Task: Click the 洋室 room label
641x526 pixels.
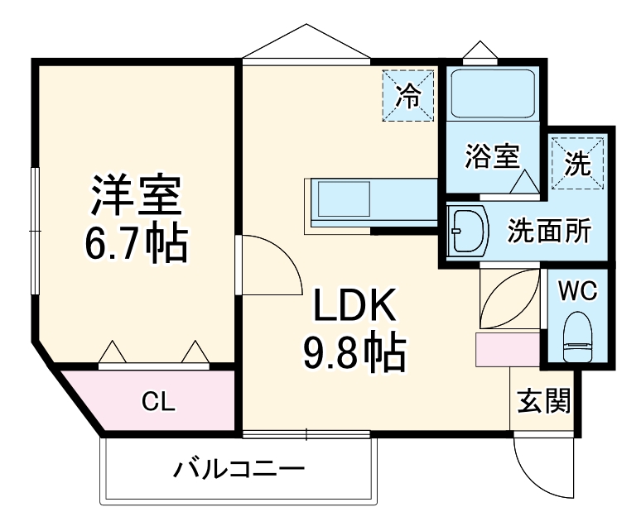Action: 136,195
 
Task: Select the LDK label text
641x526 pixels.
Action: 355,309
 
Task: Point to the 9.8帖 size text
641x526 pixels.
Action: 355,354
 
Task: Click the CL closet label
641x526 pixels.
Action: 158,402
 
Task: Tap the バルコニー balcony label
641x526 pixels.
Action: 239,471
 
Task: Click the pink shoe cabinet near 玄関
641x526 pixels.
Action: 507,350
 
